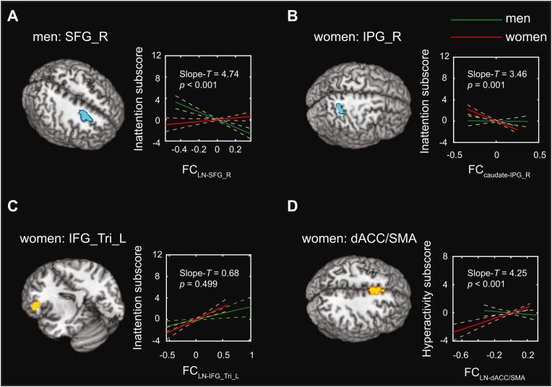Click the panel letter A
pyautogui.click(x=12, y=15)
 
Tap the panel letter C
pyautogui.click(x=12, y=206)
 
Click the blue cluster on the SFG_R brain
pyautogui.click(x=87, y=115)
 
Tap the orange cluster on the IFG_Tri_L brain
pyautogui.click(x=35, y=306)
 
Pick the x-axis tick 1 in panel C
pyautogui.click(x=251, y=356)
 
